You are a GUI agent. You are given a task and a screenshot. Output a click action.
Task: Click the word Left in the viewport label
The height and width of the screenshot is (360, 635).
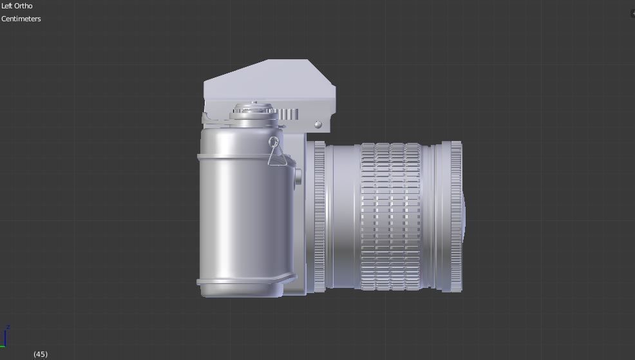[8, 6]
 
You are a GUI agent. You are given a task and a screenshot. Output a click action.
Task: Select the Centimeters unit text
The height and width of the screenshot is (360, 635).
[21, 19]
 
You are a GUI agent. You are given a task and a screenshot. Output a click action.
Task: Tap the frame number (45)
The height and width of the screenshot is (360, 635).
[41, 354]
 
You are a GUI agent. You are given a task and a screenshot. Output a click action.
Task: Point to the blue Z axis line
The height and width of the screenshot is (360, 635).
[5, 339]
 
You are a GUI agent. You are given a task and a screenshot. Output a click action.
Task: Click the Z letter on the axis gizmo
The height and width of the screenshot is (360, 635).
[8, 327]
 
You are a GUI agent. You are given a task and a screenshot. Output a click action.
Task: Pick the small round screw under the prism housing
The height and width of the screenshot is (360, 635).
[317, 124]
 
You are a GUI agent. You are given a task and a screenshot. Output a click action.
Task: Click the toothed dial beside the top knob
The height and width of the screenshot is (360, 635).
[289, 114]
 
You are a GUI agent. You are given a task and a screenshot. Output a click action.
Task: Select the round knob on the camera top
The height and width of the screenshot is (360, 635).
[254, 109]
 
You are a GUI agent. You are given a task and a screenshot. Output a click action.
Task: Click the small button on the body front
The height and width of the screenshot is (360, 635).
[298, 177]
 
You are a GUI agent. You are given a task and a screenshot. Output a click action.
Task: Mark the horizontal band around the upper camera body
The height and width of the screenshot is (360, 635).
[242, 156]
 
